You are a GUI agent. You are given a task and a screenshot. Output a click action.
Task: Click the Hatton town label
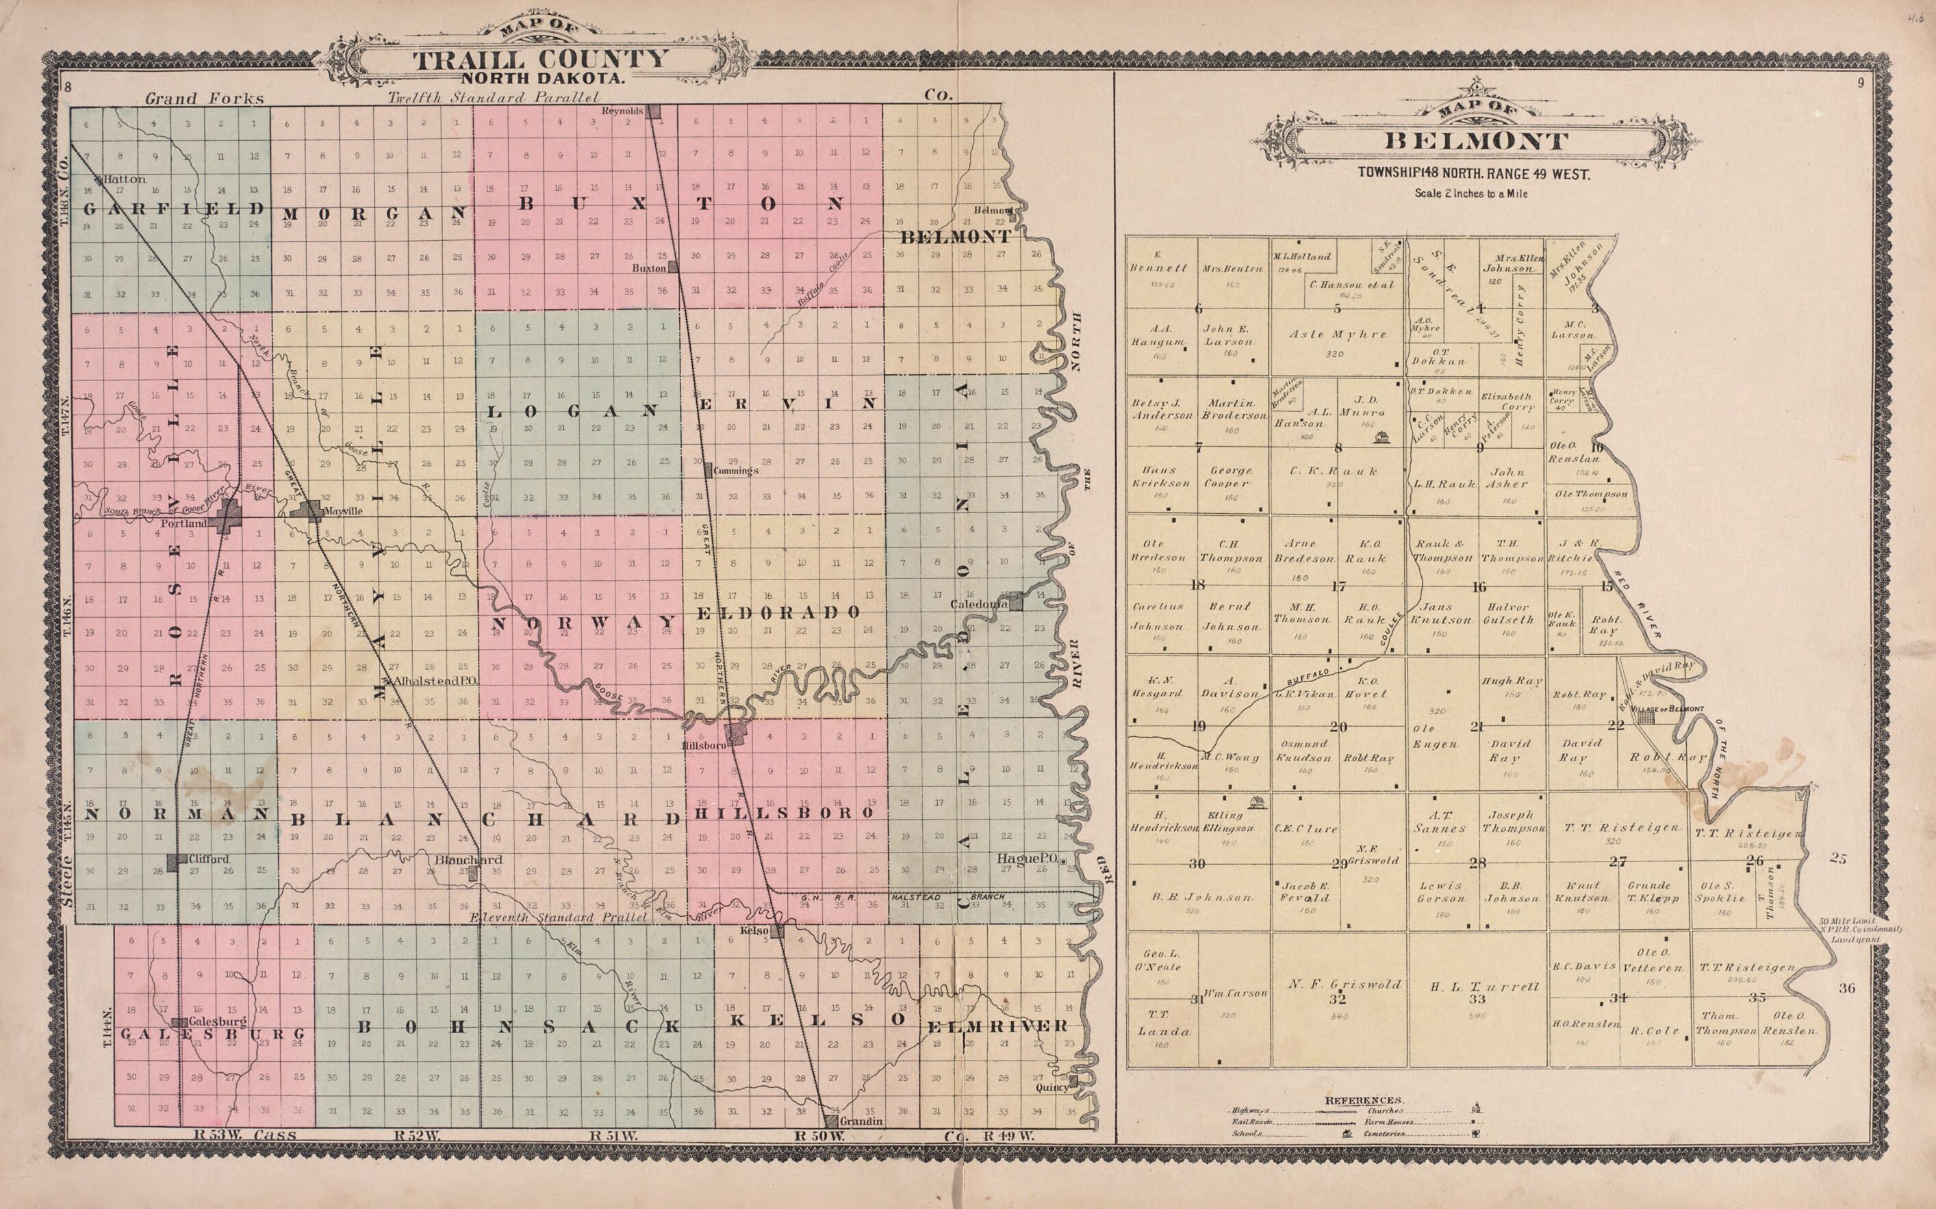(125, 179)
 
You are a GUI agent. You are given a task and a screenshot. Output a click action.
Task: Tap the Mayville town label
(342, 510)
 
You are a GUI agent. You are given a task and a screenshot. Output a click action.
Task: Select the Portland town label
(184, 523)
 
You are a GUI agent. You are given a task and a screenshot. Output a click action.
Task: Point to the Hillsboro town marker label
(704, 745)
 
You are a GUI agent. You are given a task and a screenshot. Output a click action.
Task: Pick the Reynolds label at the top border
(622, 111)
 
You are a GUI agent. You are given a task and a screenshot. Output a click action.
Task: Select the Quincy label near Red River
(1052, 1087)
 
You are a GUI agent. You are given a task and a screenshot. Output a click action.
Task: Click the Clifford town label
(209, 859)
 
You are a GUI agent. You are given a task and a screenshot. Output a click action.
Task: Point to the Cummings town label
(735, 471)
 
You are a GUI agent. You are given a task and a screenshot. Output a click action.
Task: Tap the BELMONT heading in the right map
(1476, 142)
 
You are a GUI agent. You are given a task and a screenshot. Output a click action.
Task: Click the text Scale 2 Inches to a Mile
(1471, 194)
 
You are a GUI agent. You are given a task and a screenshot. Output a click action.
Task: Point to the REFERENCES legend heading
(1363, 1100)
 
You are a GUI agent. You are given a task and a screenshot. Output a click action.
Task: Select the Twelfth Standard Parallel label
(494, 98)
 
